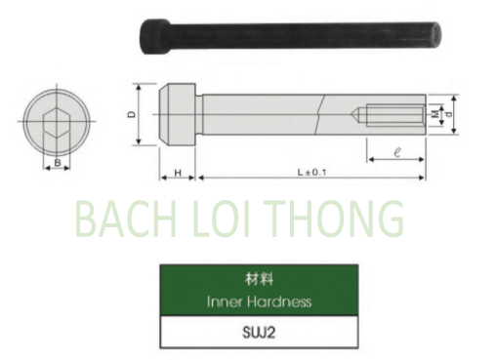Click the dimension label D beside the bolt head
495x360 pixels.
pos(131,114)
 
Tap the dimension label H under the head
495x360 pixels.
pos(178,172)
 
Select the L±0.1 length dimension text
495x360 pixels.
pos(310,172)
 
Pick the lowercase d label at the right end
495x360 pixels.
pos(447,114)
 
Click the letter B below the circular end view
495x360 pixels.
pos(57,161)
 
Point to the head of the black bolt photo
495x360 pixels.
pos(155,34)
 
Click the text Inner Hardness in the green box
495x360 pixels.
pos(259,301)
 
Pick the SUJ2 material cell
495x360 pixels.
pos(259,332)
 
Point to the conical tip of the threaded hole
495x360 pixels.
pos(360,113)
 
